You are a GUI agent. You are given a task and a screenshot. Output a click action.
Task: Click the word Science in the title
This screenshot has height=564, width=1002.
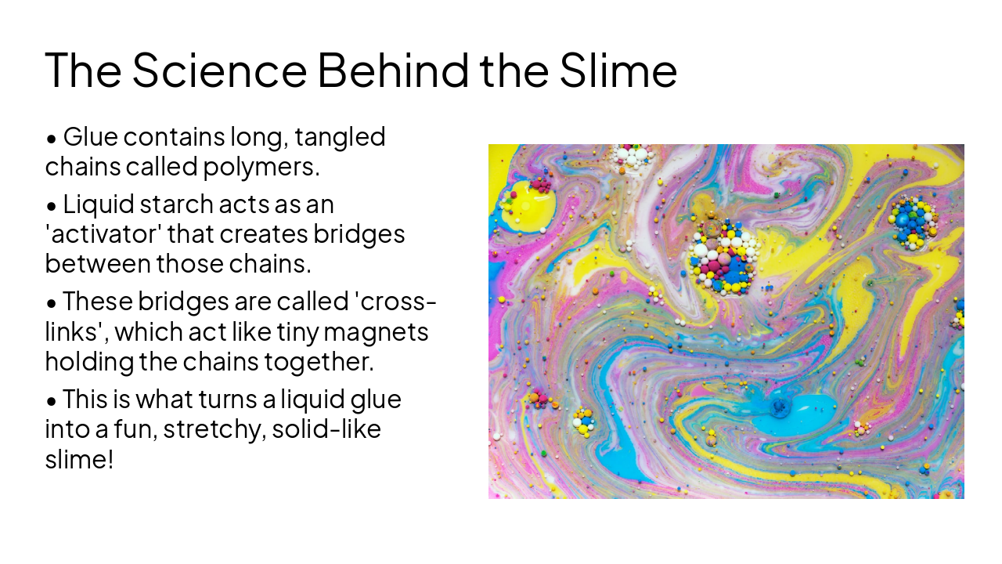[x=219, y=69]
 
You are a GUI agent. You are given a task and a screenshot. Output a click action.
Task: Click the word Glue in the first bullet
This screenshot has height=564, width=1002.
[x=90, y=137]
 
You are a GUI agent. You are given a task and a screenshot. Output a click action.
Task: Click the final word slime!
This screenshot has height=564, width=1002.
[x=79, y=460]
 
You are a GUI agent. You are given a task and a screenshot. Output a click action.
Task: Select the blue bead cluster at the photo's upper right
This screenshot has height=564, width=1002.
[x=912, y=219]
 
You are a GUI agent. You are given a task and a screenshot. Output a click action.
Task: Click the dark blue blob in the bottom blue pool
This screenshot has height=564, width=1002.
[x=779, y=407]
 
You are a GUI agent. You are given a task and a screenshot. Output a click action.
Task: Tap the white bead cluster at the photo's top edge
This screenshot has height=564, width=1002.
[x=633, y=155]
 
